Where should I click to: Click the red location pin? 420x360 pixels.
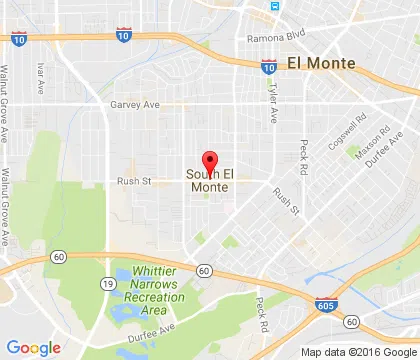tap(210, 162)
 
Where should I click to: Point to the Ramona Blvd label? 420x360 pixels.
tap(274, 38)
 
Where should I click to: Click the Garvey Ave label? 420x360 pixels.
tap(136, 103)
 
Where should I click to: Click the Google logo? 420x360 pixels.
tap(33, 348)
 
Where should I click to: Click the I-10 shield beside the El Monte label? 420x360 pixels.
tap(268, 67)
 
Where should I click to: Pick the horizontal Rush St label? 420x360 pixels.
tap(133, 181)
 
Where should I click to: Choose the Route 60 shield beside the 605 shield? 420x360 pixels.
tap(352, 322)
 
